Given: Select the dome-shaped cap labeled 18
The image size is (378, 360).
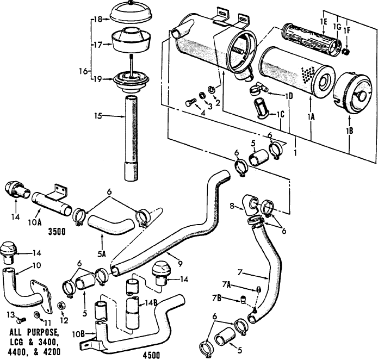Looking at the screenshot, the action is [132, 13].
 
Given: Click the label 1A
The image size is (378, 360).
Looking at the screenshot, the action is [311, 116].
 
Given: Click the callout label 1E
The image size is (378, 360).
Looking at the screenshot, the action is [323, 22].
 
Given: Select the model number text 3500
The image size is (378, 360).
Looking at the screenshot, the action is [57, 232].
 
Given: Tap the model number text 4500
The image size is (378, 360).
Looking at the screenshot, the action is [151, 355].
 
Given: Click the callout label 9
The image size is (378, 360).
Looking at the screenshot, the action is [181, 264].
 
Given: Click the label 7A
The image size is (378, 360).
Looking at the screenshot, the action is [227, 284].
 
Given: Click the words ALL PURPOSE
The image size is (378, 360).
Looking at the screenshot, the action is [34, 332].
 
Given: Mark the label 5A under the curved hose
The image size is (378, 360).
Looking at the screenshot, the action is [102, 254].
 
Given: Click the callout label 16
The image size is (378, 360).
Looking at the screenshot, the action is [84, 71].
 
